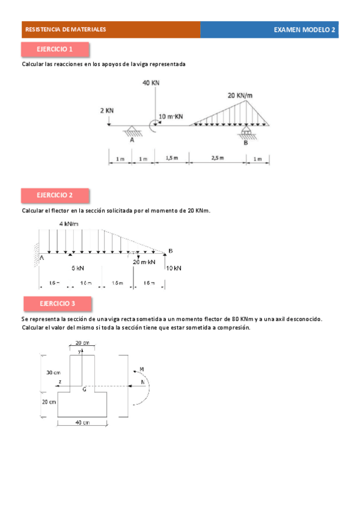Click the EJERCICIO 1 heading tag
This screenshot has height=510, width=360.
point(55,49)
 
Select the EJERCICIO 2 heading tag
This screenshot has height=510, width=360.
point(55,195)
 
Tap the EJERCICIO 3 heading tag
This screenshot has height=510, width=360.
point(58,303)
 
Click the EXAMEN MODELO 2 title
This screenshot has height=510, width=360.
point(304,29)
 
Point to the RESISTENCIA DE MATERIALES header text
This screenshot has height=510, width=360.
point(66,29)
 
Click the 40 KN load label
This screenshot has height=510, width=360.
point(151,83)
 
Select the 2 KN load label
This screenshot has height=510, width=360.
point(107,111)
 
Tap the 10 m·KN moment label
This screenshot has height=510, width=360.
point(171,116)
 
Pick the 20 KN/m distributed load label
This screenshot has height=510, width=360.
point(240,95)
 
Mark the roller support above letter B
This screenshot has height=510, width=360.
point(246,132)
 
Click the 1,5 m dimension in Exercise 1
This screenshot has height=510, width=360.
point(172,158)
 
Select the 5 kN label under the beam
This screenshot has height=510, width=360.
point(78,268)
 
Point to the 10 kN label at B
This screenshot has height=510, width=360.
point(173,268)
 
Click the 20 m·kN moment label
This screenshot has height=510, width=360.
point(144,262)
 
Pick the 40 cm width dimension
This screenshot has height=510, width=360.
point(82,423)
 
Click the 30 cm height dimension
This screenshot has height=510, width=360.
point(53,373)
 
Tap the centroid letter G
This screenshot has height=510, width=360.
point(84,389)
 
